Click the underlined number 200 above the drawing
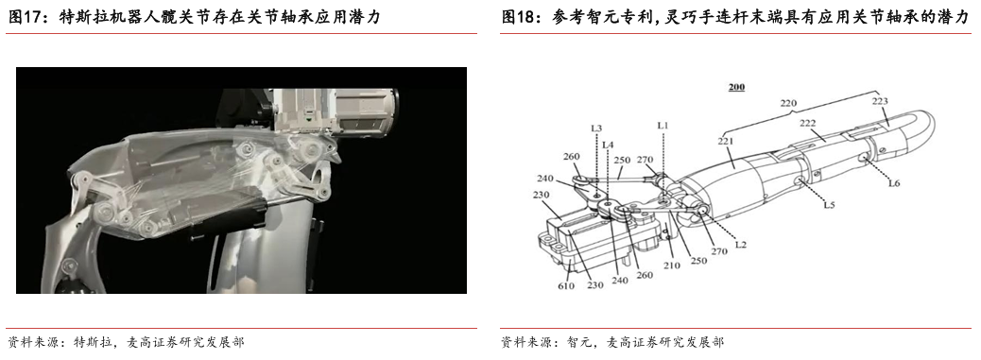(x=737, y=88)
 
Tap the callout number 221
(x=726, y=141)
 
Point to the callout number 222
(x=808, y=124)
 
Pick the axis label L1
(x=663, y=126)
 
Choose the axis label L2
(x=741, y=245)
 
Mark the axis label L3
(x=596, y=129)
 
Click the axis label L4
(x=608, y=145)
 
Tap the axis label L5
(x=829, y=204)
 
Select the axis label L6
(x=894, y=182)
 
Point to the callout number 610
(x=566, y=285)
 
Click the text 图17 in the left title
(x=22, y=18)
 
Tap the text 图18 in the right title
(x=516, y=18)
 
